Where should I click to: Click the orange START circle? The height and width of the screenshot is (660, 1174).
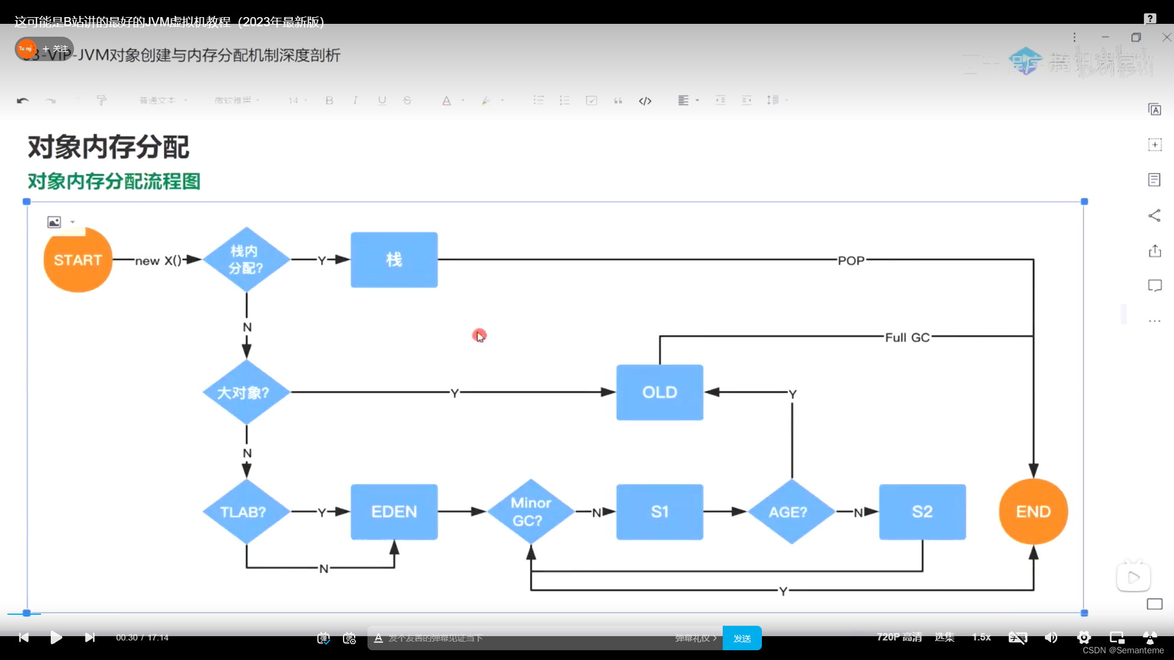tap(78, 260)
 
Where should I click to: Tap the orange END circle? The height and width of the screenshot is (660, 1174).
tap(1033, 512)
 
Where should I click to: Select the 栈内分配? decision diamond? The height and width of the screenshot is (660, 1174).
tap(246, 260)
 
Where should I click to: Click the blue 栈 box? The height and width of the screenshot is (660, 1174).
tap(394, 260)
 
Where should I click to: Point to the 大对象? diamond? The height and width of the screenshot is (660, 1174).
tap(246, 392)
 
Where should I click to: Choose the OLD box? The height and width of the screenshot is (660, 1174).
tap(659, 392)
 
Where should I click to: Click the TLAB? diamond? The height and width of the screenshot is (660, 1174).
tap(246, 512)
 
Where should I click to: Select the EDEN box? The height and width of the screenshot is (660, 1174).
tap(394, 512)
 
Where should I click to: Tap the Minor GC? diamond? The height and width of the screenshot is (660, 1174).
tap(531, 512)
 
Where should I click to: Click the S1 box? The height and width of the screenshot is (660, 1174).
tap(659, 512)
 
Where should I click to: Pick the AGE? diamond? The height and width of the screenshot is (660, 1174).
tap(792, 512)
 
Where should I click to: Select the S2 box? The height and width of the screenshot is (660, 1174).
tap(922, 512)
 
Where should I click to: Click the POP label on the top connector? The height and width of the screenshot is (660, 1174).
tap(851, 261)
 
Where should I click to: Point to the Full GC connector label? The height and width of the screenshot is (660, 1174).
tap(907, 337)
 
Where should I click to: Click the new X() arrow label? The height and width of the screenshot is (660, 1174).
tap(158, 261)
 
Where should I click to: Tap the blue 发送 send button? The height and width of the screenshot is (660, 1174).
tap(742, 638)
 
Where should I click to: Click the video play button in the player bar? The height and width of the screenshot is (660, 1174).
tap(56, 637)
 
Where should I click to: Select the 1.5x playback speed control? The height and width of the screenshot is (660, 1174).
tap(981, 637)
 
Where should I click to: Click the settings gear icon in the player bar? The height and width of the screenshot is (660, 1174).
tap(1084, 637)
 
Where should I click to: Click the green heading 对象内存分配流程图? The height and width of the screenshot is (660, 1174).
tap(114, 182)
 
